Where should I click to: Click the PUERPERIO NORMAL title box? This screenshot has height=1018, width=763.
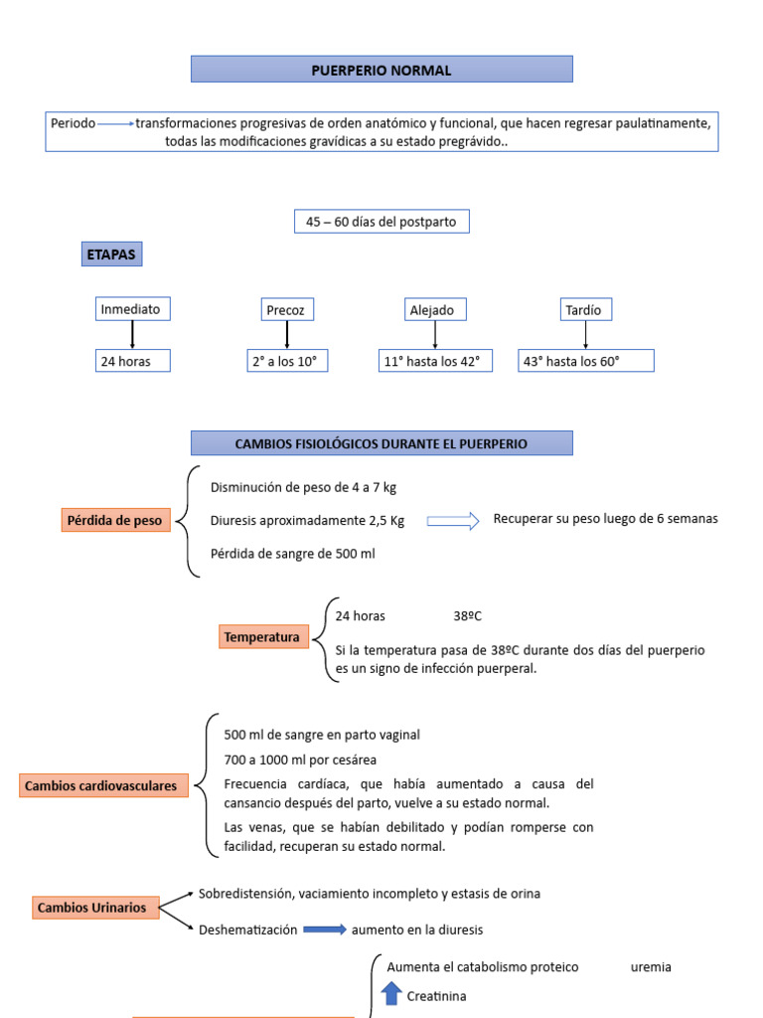point(381,70)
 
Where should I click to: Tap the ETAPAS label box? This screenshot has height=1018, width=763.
point(111,255)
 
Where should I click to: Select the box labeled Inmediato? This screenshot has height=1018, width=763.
point(131,309)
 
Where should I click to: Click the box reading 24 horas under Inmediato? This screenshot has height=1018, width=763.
point(132,361)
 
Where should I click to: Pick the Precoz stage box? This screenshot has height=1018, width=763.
point(286,310)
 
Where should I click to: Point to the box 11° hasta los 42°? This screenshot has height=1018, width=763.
point(436,361)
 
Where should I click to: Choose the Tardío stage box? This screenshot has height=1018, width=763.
point(584,310)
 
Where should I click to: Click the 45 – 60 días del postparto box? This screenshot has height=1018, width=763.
point(381,222)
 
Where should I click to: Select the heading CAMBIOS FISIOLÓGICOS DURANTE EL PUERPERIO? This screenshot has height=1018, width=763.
point(381,443)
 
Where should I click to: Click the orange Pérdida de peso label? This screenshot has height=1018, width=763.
point(115,520)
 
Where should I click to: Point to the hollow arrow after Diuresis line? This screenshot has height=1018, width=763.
point(453,520)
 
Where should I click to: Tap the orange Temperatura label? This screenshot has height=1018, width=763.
point(262,636)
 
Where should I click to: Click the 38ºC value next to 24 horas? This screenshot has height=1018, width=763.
point(467,616)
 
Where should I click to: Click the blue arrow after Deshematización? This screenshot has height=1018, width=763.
point(324,930)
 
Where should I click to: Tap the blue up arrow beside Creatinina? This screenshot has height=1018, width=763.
point(391,994)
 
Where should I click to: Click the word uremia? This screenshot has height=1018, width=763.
point(651,967)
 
